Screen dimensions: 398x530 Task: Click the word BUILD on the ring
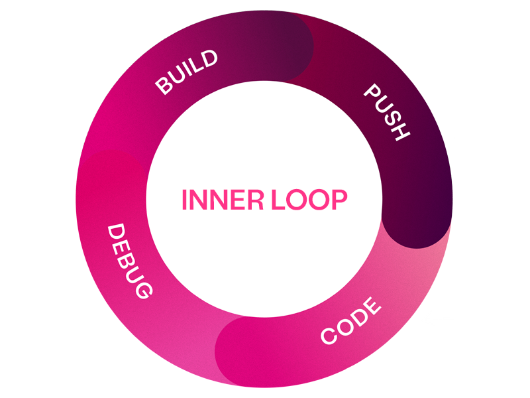tap(186, 72)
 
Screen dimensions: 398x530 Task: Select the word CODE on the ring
tap(351, 322)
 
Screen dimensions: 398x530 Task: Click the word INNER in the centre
tap(222, 200)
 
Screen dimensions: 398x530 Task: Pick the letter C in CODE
tap(329, 336)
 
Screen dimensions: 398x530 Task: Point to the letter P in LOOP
tap(339, 200)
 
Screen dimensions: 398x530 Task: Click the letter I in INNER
tap(185, 200)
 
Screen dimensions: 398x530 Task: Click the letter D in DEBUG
tap(117, 233)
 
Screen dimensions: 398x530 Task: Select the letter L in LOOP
tap(276, 200)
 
